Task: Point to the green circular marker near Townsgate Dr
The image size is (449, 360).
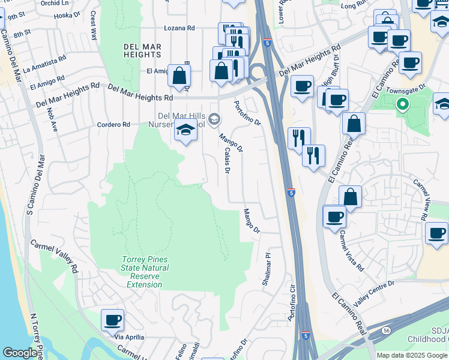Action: (403, 106)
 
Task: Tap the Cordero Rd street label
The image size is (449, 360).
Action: (113, 125)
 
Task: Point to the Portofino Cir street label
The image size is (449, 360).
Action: (292, 303)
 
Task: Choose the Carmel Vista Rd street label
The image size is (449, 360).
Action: (352, 251)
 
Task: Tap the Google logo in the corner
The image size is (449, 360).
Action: (20, 353)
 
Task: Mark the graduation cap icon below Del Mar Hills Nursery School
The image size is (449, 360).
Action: (185, 131)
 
